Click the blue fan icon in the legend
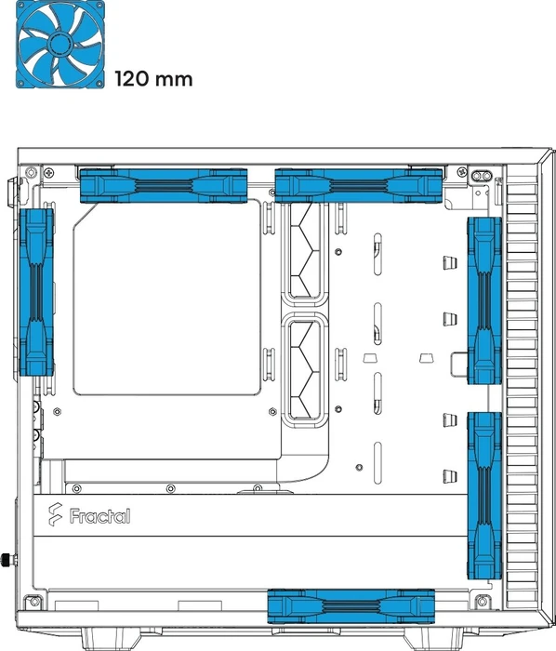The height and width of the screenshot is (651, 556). pyautogui.click(x=60, y=45)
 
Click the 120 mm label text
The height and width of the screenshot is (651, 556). pyautogui.click(x=153, y=79)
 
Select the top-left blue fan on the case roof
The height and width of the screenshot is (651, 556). pyautogui.click(x=164, y=186)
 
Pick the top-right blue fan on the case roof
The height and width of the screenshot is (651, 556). pyautogui.click(x=359, y=186)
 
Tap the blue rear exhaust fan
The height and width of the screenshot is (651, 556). pyautogui.click(x=36, y=292)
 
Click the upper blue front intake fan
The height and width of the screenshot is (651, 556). pyautogui.click(x=484, y=300)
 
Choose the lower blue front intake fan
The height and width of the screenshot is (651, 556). pyautogui.click(x=484, y=496)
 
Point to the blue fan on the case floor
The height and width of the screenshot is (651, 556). pyautogui.click(x=351, y=606)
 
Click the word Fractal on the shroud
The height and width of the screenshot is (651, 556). pyautogui.click(x=99, y=516)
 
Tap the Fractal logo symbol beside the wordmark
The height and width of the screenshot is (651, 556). pyautogui.click(x=55, y=514)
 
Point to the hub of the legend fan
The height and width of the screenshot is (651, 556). pyautogui.click(x=60, y=43)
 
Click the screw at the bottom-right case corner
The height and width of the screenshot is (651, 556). pyautogui.click(x=482, y=601)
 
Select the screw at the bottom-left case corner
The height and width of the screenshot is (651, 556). pyautogui.click(x=34, y=601)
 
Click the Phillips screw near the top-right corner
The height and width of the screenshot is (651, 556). pyautogui.click(x=461, y=171)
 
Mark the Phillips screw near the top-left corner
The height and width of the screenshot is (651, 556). pyautogui.click(x=49, y=171)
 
